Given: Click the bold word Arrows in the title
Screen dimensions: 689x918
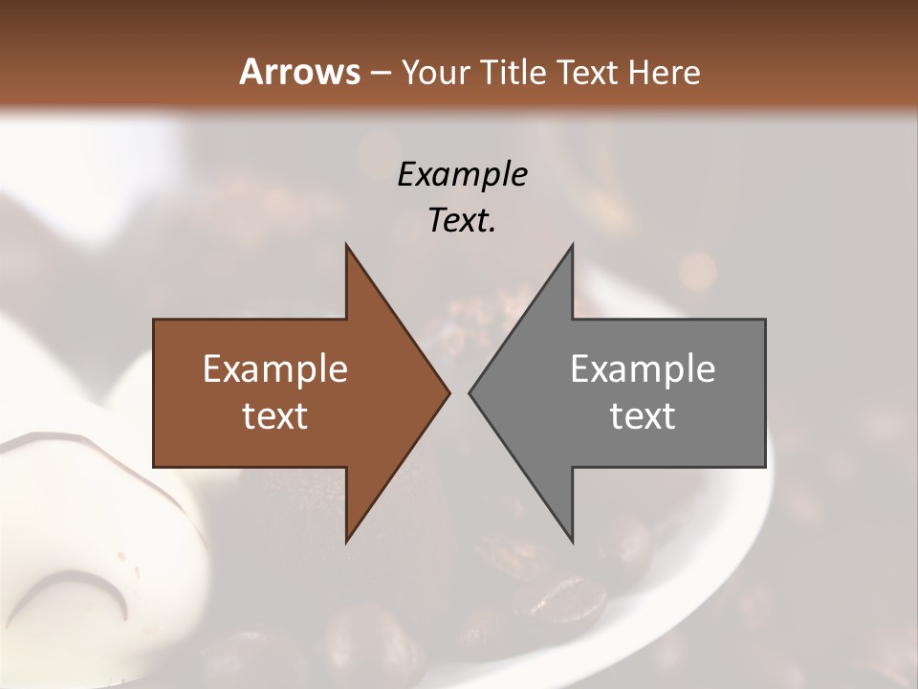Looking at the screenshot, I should (x=299, y=72).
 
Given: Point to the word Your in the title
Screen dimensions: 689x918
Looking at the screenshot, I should (x=436, y=72).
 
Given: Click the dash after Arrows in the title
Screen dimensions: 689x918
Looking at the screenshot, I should (x=380, y=73).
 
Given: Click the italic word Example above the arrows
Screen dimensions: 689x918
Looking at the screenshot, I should (x=462, y=175).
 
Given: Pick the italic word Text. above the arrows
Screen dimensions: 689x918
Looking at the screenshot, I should (x=462, y=221).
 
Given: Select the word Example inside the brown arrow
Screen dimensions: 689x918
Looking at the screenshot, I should (x=275, y=369).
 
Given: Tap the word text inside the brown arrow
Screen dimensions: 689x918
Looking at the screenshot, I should (x=275, y=416).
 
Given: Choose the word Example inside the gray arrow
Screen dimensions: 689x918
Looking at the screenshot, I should (x=643, y=369).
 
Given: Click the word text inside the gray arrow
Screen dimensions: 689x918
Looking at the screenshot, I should (x=643, y=416).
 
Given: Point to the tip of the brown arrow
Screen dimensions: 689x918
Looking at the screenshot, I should (x=448, y=392).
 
